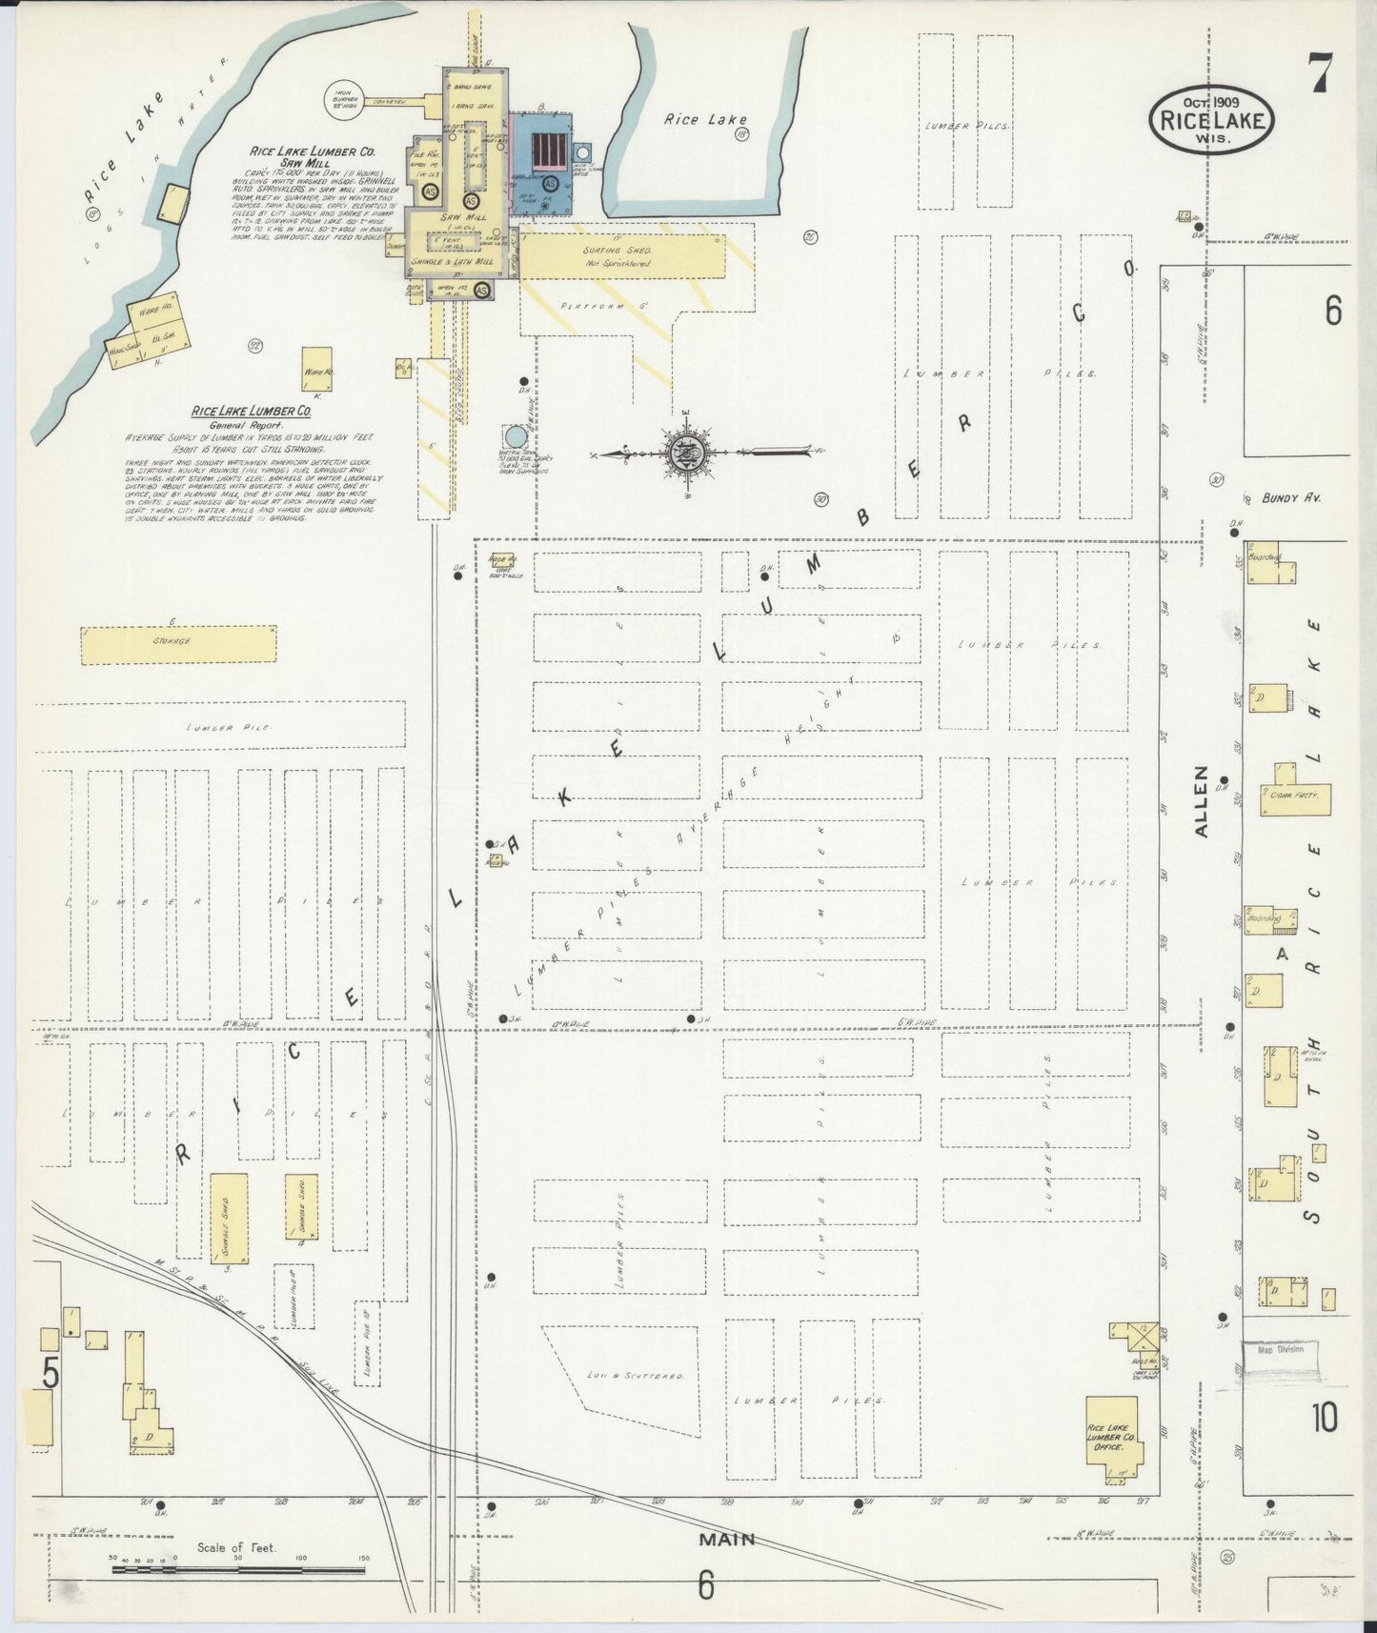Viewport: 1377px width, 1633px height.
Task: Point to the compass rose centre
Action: [685, 452]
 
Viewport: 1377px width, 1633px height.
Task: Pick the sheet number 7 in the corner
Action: [1321, 72]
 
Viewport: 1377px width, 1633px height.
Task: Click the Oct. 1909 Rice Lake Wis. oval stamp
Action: [1210, 119]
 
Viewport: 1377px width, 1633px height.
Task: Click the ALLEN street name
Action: [1201, 801]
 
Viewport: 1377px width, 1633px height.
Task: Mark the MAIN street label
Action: [727, 1539]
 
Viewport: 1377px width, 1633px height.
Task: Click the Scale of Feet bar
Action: [238, 1568]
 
